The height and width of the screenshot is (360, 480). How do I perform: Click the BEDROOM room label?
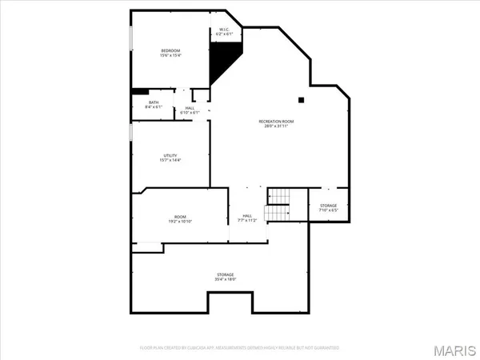pyautogui.click(x=170, y=50)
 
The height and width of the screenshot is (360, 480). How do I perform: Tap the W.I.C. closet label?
pyautogui.click(x=225, y=30)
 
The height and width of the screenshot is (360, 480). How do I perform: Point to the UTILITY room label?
pyautogui.click(x=170, y=155)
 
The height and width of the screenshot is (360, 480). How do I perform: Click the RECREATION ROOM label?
pyautogui.click(x=276, y=121)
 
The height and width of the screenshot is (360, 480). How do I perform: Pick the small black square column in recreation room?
pyautogui.click(x=301, y=100)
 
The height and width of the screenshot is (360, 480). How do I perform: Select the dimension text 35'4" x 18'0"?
pyautogui.click(x=224, y=280)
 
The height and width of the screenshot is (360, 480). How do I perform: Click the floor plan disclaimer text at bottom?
pyautogui.click(x=240, y=348)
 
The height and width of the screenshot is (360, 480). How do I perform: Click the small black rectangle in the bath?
pyautogui.click(x=140, y=91)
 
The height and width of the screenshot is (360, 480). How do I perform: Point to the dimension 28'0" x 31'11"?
pyautogui.click(x=276, y=126)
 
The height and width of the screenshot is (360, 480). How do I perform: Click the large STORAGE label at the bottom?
pyautogui.click(x=224, y=274)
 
